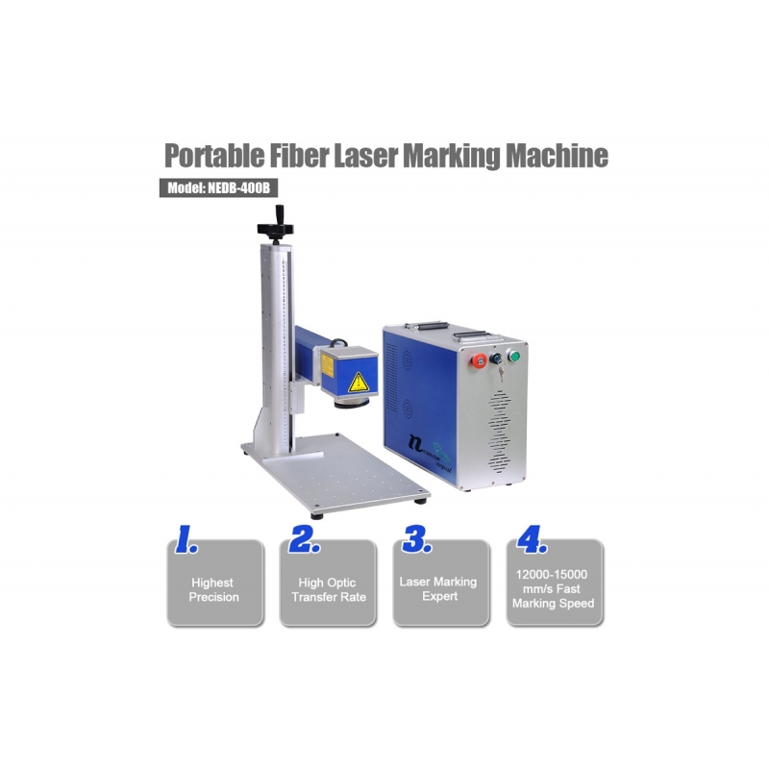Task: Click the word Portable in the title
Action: coord(214,156)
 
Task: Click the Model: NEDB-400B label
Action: coord(219,187)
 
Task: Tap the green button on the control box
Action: coord(513,356)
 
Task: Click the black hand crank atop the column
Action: coord(276,225)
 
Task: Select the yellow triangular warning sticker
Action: coord(358,383)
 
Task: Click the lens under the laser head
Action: coord(352,402)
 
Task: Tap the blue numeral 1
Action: coord(186,539)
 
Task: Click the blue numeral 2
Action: coord(304,539)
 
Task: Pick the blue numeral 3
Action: coord(417,539)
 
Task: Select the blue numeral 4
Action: coord(533,539)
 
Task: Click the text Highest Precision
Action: coord(213,589)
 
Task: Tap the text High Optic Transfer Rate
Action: coord(329,589)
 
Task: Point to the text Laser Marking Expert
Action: coord(438,588)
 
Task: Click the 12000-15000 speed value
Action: coord(551,574)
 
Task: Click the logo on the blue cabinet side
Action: coord(430,451)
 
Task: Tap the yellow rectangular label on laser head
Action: coord(327,366)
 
